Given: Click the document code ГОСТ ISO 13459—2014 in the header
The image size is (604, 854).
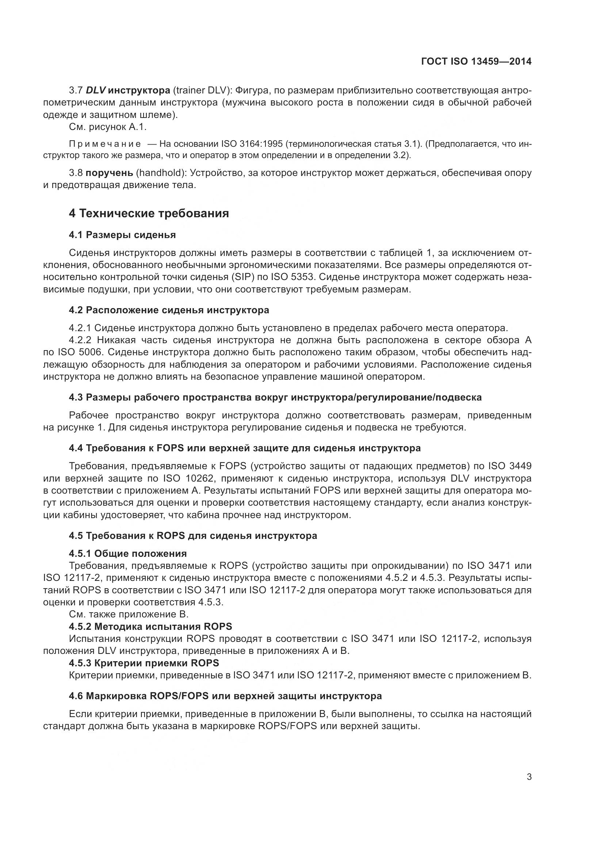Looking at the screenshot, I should point(476,61).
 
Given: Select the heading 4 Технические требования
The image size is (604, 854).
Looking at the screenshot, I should point(149,214).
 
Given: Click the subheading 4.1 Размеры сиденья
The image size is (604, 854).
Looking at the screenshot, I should point(122,235).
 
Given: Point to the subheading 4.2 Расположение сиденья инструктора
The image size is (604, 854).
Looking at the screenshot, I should point(169,310).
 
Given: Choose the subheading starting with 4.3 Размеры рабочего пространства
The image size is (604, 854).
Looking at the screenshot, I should point(275,397).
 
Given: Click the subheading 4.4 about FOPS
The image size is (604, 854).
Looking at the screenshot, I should point(245,448).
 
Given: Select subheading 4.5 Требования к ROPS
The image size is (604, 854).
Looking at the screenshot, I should point(193,536).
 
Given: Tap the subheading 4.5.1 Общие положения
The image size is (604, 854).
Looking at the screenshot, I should point(127,554).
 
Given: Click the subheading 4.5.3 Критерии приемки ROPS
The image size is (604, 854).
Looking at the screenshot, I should point(144,663).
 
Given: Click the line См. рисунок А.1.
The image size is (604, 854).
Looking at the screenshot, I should point(108,127).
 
